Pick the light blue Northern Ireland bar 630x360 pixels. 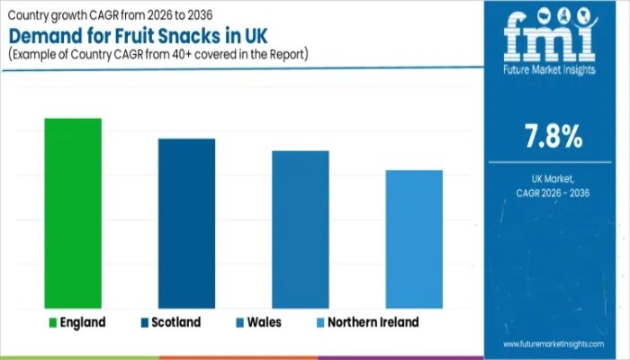coord(414,239)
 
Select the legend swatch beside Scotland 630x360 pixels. coord(144,322)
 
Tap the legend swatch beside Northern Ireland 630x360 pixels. coord(321,322)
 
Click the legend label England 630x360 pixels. coord(83,322)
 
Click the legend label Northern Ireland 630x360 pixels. coord(373,322)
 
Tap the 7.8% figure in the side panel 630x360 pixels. coord(553,138)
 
